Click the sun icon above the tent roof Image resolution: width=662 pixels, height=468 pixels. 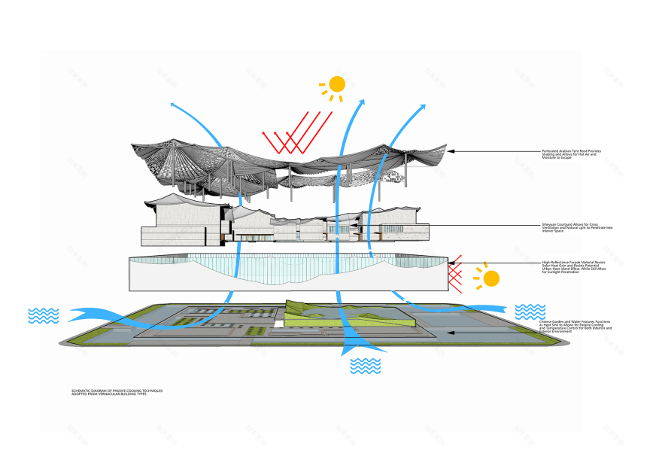(336, 84)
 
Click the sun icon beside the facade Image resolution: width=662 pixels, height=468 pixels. (490, 278)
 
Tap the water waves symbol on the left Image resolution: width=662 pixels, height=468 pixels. (43, 315)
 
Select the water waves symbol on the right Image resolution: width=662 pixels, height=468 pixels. (530, 311)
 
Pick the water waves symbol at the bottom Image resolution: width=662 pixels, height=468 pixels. (366, 366)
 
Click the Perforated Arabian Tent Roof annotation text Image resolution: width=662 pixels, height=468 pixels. (571, 154)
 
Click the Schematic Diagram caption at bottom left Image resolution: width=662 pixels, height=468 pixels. (117, 393)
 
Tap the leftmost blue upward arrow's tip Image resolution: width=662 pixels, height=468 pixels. (172, 105)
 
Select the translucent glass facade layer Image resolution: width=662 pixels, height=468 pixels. (286, 273)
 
